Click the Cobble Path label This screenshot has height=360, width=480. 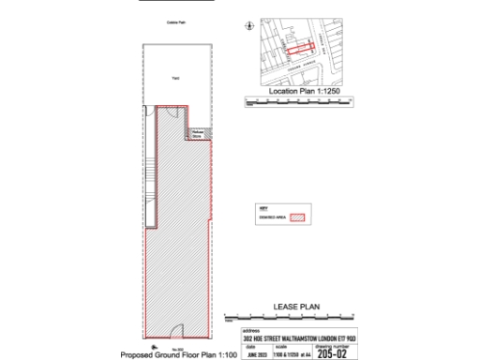(x=175, y=22)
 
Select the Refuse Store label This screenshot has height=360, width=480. (x=198, y=134)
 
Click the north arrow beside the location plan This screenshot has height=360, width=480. (x=249, y=27)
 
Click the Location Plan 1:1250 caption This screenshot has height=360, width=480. (x=302, y=92)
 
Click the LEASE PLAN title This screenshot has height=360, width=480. (x=297, y=307)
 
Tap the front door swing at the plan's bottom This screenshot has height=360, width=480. (x=177, y=329)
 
